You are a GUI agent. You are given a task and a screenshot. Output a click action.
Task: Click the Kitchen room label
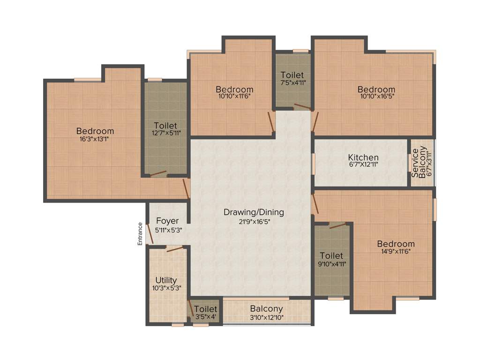tap(363, 157)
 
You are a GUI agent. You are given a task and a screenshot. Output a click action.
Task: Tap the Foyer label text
tap(168, 221)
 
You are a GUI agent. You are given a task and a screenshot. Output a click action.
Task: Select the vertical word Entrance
tap(140, 234)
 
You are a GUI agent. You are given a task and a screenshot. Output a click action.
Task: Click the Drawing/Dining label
tap(254, 212)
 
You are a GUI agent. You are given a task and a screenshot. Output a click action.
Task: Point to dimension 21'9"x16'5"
tap(254, 222)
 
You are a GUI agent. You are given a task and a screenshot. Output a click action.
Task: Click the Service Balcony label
tap(419, 162)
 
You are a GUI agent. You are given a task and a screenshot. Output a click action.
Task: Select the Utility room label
tap(166, 280)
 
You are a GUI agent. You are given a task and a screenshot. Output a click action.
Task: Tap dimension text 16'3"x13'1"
tap(95, 139)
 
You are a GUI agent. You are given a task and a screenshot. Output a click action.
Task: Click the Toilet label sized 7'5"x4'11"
tap(292, 75)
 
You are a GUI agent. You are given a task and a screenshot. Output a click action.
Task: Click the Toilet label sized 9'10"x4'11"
tap(331, 256)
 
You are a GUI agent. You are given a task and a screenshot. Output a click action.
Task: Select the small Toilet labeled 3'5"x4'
tap(205, 309)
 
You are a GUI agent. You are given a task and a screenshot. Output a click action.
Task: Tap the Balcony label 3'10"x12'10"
tap(266, 309)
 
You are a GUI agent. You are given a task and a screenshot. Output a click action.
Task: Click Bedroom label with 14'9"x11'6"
tap(396, 244)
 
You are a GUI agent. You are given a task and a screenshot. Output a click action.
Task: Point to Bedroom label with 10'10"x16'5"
tap(376, 90)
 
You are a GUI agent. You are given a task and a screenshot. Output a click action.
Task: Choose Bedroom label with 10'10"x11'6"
tap(234, 90)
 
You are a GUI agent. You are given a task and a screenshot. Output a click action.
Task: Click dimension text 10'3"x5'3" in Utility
tap(166, 288)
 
